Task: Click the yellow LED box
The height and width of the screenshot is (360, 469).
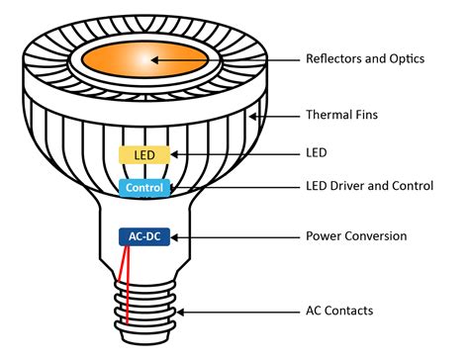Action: (x=144, y=154)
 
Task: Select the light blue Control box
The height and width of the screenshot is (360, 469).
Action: (x=143, y=186)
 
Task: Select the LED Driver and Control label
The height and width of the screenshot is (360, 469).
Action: (x=371, y=186)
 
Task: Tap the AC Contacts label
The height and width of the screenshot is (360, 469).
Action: (x=339, y=311)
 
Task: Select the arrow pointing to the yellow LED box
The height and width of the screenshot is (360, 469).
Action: (x=233, y=154)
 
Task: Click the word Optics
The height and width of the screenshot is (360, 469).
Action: (x=406, y=59)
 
